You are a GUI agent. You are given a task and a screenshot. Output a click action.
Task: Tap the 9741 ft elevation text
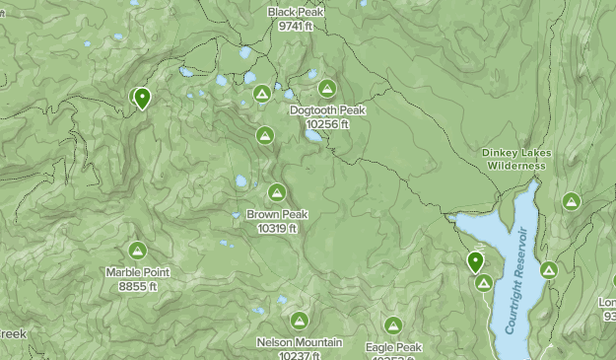[295, 26]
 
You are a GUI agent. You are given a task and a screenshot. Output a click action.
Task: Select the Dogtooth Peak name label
[328, 110]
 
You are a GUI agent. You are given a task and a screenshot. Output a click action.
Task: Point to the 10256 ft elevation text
[328, 124]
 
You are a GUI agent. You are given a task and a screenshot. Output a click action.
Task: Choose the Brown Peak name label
[277, 214]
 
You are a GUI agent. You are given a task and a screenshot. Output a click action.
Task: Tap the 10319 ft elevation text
[277, 228]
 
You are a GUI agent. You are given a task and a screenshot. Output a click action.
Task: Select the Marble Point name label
[138, 272]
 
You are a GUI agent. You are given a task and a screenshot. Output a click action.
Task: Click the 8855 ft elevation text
[138, 286]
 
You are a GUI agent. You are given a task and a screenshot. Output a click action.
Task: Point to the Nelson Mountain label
[299, 342]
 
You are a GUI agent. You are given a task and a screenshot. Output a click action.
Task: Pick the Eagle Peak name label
[393, 347]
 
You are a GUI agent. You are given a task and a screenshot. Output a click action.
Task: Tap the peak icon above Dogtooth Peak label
[327, 89]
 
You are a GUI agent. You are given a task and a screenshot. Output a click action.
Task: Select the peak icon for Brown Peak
[277, 192]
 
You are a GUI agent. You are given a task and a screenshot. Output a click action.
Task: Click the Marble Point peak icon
[137, 251]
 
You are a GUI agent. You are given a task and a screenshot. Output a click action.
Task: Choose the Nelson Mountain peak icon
[299, 321]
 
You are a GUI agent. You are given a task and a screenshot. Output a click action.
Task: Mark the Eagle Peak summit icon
[393, 325]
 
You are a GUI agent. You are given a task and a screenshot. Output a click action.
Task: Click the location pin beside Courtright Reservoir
[475, 261]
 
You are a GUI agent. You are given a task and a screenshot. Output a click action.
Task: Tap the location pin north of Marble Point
[142, 98]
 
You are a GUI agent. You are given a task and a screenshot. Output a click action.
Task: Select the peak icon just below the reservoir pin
[483, 283]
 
